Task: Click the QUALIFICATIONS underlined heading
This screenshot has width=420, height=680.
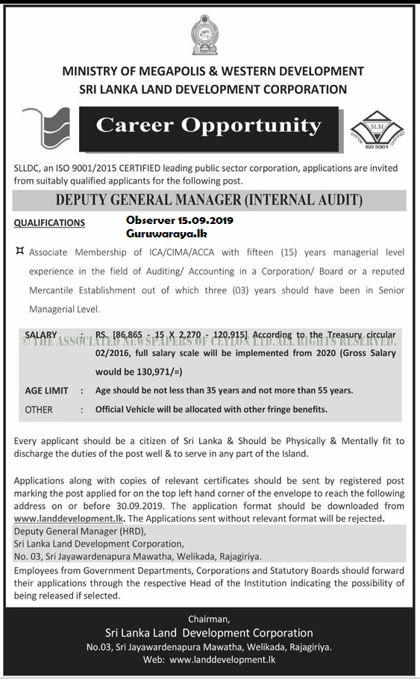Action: tap(49, 222)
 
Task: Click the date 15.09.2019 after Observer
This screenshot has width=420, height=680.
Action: tap(205, 220)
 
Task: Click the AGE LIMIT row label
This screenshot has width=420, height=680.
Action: tap(46, 390)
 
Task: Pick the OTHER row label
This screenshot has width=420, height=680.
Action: tap(39, 410)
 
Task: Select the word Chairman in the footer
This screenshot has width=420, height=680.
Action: tap(210, 619)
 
